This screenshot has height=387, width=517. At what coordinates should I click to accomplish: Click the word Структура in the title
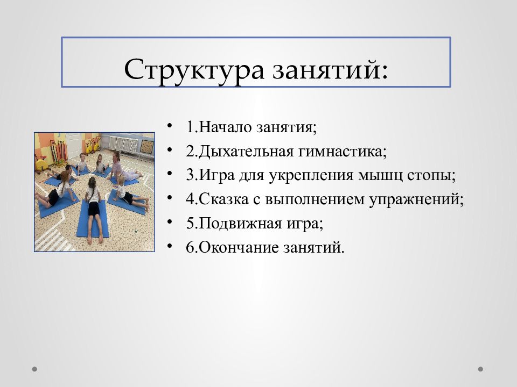pos(194,70)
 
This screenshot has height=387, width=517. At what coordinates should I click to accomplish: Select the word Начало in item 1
pos(226,127)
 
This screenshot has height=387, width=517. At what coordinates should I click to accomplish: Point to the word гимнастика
pos(340,152)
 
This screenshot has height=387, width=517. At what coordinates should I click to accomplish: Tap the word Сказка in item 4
pos(223,199)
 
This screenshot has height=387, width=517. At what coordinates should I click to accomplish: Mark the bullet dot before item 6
pos(170,246)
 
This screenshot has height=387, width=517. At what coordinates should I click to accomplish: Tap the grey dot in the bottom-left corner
pos(34,369)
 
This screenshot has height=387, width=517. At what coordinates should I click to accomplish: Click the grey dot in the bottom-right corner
pos(480,369)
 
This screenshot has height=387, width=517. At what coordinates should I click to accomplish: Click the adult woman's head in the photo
pos(116,156)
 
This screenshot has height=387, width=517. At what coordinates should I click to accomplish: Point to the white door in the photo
pos(73,145)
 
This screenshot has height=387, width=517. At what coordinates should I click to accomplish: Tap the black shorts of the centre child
pos(94,209)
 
